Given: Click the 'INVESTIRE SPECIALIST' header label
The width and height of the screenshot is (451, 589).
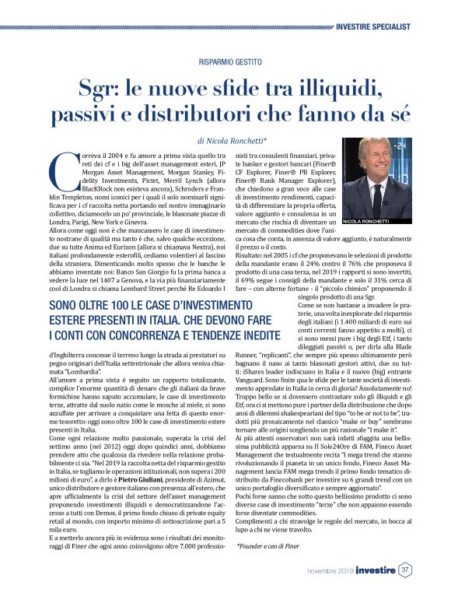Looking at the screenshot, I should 384,26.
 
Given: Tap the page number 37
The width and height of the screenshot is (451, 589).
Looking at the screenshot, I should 405,570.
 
